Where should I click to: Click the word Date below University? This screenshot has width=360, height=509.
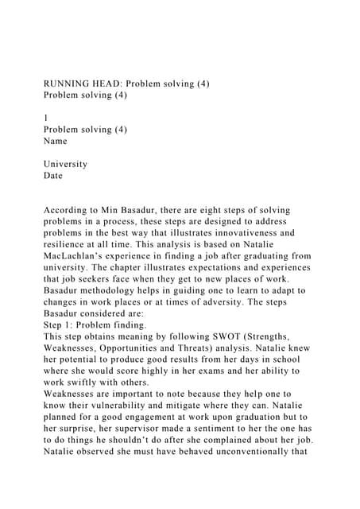[52, 176]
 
